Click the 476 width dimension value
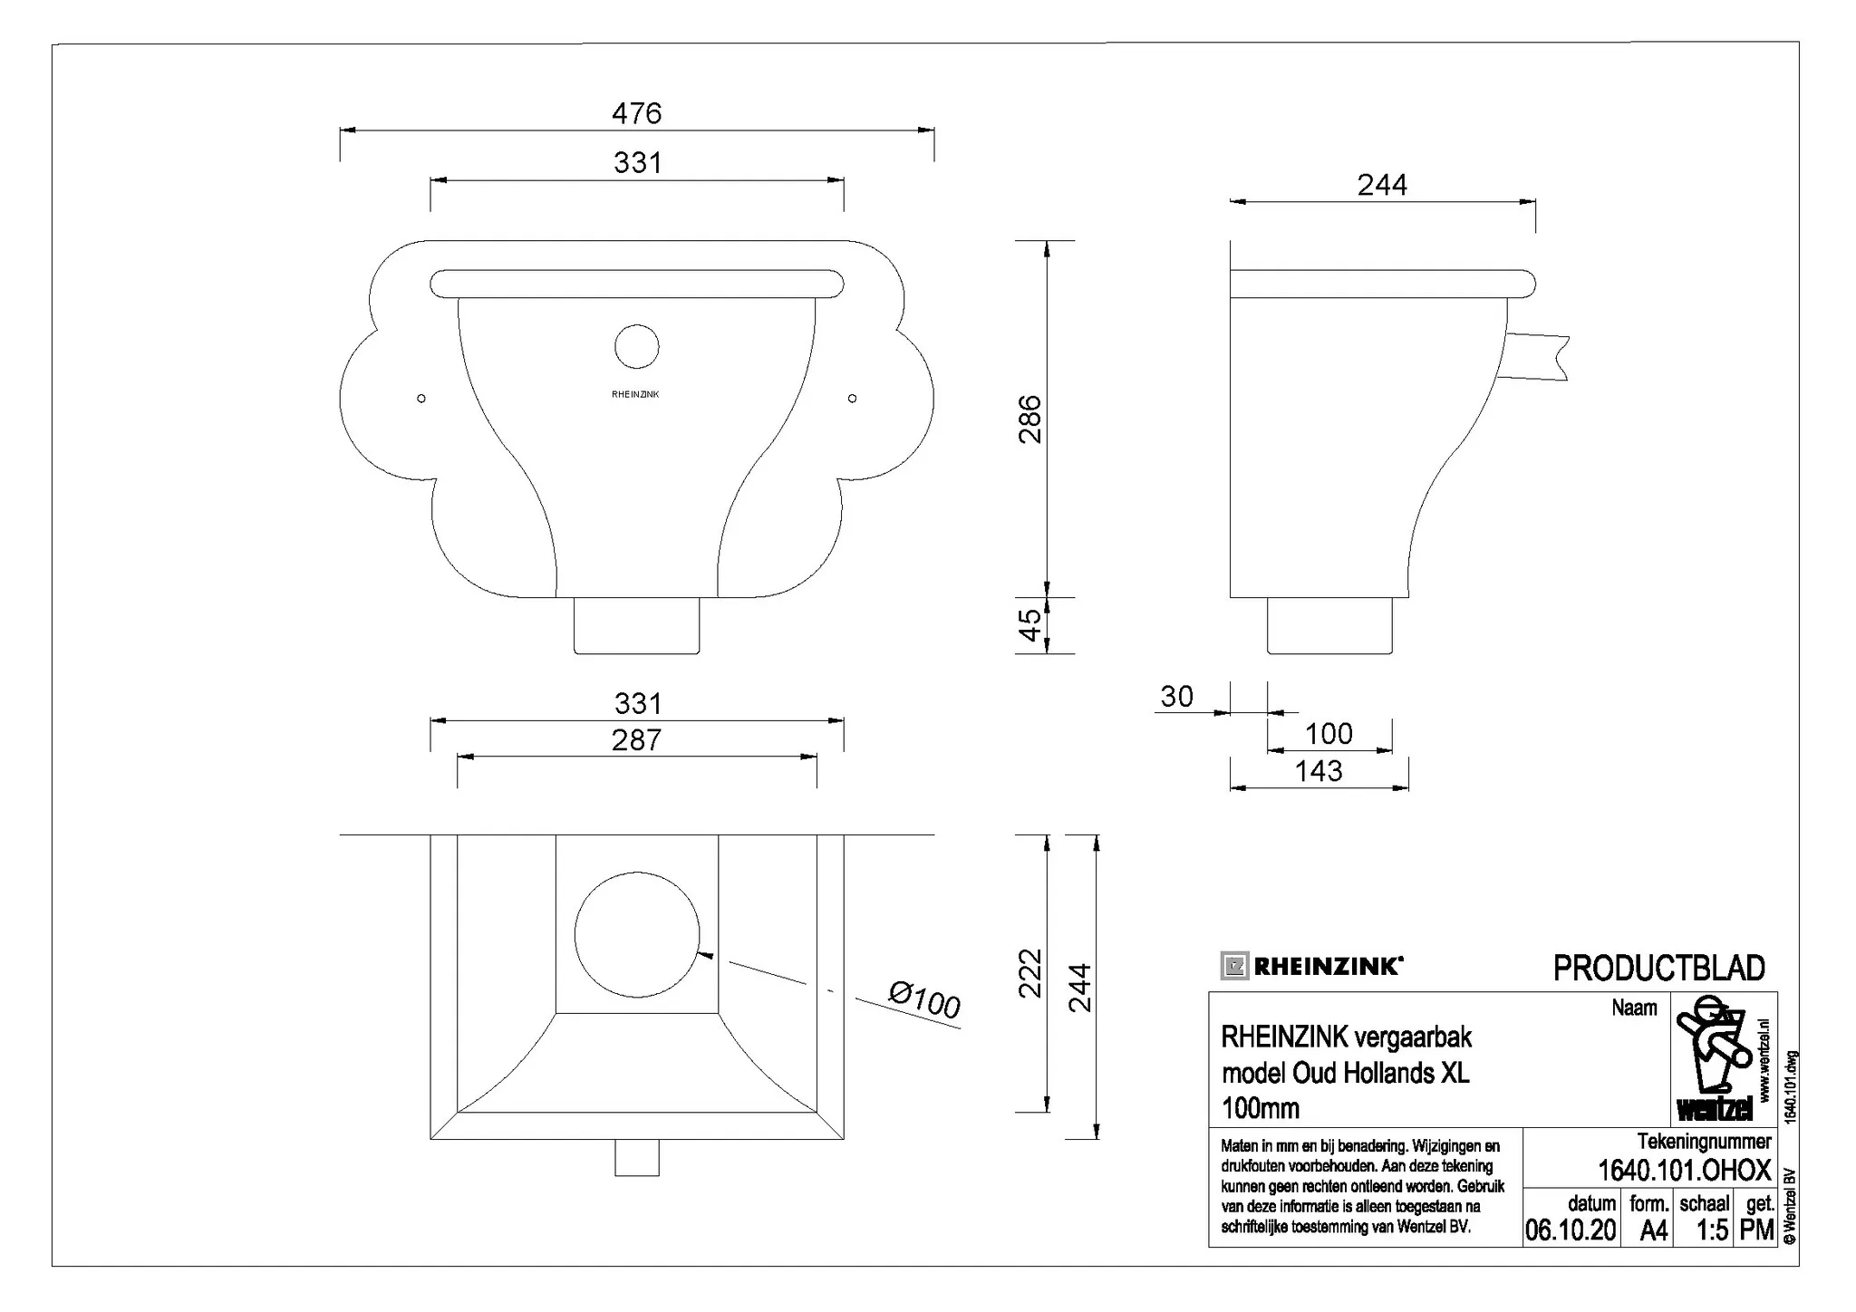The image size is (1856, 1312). (636, 113)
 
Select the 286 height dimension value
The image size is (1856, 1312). (1030, 419)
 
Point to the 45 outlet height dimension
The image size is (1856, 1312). (1030, 625)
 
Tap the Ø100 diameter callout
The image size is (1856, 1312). (923, 1001)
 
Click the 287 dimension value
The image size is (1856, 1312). (636, 740)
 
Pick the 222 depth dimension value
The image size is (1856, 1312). (1030, 973)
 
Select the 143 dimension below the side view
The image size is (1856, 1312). (1319, 771)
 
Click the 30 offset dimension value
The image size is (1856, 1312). (1176, 696)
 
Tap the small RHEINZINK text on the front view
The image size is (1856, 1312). (635, 394)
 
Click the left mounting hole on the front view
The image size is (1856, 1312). (421, 398)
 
